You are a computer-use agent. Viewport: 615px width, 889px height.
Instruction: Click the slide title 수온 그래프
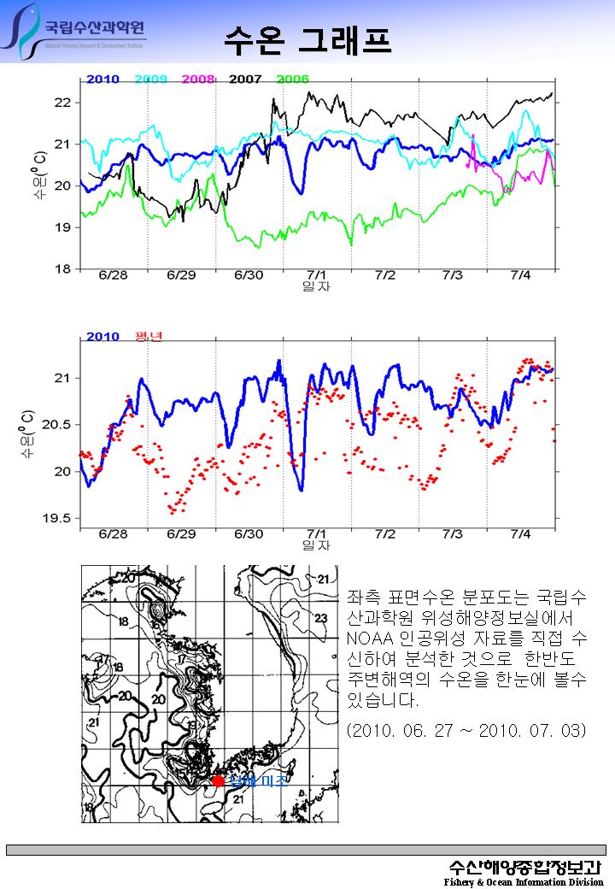click(x=307, y=38)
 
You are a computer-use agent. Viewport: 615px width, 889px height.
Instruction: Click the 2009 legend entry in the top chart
click(x=150, y=79)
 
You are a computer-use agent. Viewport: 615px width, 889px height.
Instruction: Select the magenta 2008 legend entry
click(x=198, y=79)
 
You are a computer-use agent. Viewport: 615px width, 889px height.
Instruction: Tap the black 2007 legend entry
click(x=245, y=79)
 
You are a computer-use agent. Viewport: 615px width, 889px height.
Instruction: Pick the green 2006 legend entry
click(x=292, y=79)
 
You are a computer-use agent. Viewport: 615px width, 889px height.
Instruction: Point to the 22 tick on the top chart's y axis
click(x=62, y=103)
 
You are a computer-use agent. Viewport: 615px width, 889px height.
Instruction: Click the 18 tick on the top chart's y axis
click(x=62, y=269)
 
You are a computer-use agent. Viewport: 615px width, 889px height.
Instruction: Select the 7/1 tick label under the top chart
click(x=317, y=275)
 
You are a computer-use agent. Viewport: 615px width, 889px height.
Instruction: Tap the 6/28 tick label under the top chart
click(x=113, y=275)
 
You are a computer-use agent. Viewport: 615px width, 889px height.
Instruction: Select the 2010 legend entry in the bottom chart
click(x=102, y=336)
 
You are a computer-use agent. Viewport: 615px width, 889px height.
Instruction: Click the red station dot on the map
click(x=218, y=780)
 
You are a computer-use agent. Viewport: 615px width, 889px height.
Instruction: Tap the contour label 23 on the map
click(x=321, y=617)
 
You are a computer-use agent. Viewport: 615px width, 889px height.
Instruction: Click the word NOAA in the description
click(x=367, y=639)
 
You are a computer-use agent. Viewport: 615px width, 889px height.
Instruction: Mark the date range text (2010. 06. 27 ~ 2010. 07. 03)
click(x=466, y=732)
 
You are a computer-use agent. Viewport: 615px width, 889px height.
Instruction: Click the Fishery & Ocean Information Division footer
click(x=523, y=881)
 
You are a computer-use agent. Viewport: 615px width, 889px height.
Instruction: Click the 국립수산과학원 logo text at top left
click(x=94, y=27)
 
